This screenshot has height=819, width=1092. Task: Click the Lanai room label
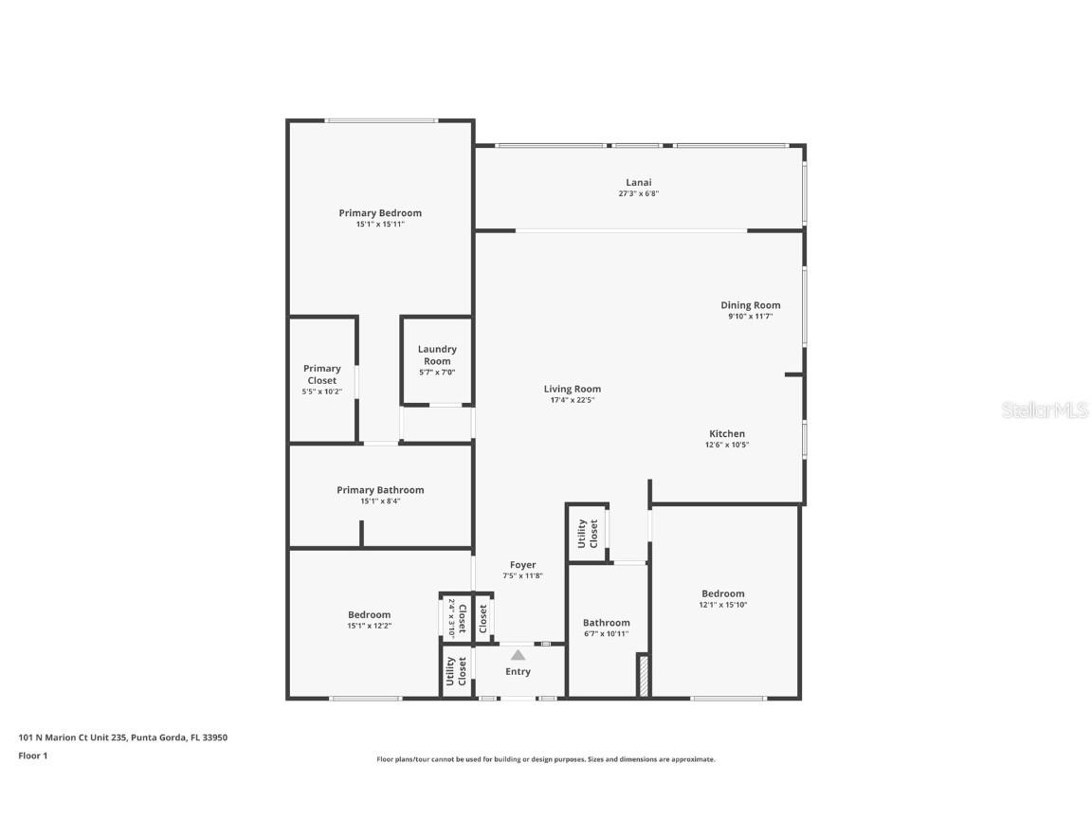(x=638, y=182)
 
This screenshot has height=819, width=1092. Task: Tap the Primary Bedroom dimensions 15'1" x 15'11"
(x=380, y=225)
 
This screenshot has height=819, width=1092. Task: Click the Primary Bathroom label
(x=380, y=490)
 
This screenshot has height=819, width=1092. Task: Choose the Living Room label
(x=572, y=389)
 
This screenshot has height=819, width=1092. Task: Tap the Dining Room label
(x=750, y=305)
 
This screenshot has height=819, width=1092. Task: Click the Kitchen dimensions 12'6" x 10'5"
(x=727, y=445)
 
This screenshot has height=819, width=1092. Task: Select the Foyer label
(x=522, y=565)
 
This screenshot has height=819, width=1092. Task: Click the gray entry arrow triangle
(x=518, y=654)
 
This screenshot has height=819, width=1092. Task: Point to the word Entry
(x=518, y=671)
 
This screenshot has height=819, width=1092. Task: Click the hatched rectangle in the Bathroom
(x=643, y=676)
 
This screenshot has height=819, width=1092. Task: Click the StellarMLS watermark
(x=1046, y=410)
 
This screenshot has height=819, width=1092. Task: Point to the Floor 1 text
(x=32, y=755)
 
